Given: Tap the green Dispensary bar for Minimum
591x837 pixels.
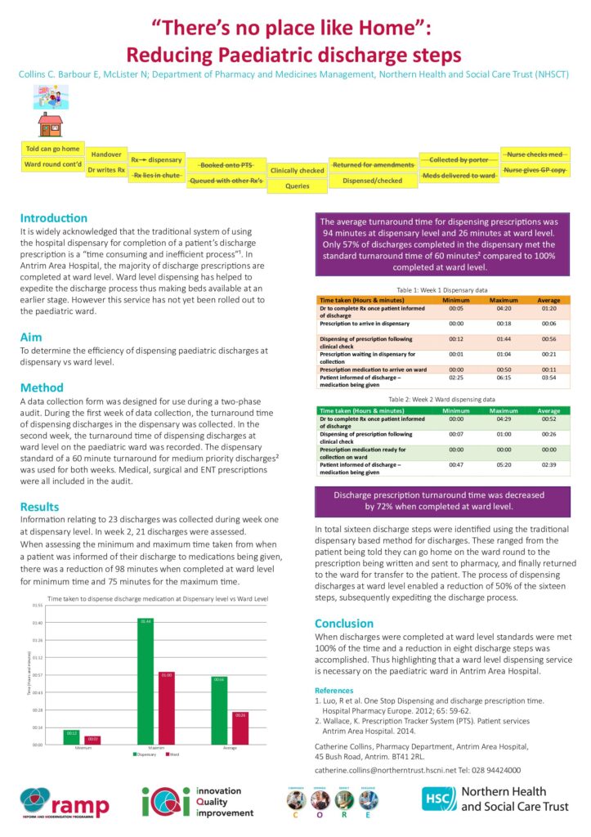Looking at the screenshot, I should (72, 736).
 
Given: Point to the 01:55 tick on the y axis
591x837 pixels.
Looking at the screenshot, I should (37, 605).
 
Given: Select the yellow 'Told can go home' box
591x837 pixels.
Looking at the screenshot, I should (53, 149).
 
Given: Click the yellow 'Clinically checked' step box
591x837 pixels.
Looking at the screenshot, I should (298, 171).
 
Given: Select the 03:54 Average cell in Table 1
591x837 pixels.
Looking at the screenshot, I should (548, 378).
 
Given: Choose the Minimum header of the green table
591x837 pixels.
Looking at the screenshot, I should (456, 410).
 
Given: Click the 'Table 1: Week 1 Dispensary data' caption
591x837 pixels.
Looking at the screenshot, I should (442, 289).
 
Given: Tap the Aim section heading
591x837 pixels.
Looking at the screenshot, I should (31, 337).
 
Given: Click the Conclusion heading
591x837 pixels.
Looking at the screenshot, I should (344, 623).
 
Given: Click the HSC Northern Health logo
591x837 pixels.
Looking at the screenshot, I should (495, 799).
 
